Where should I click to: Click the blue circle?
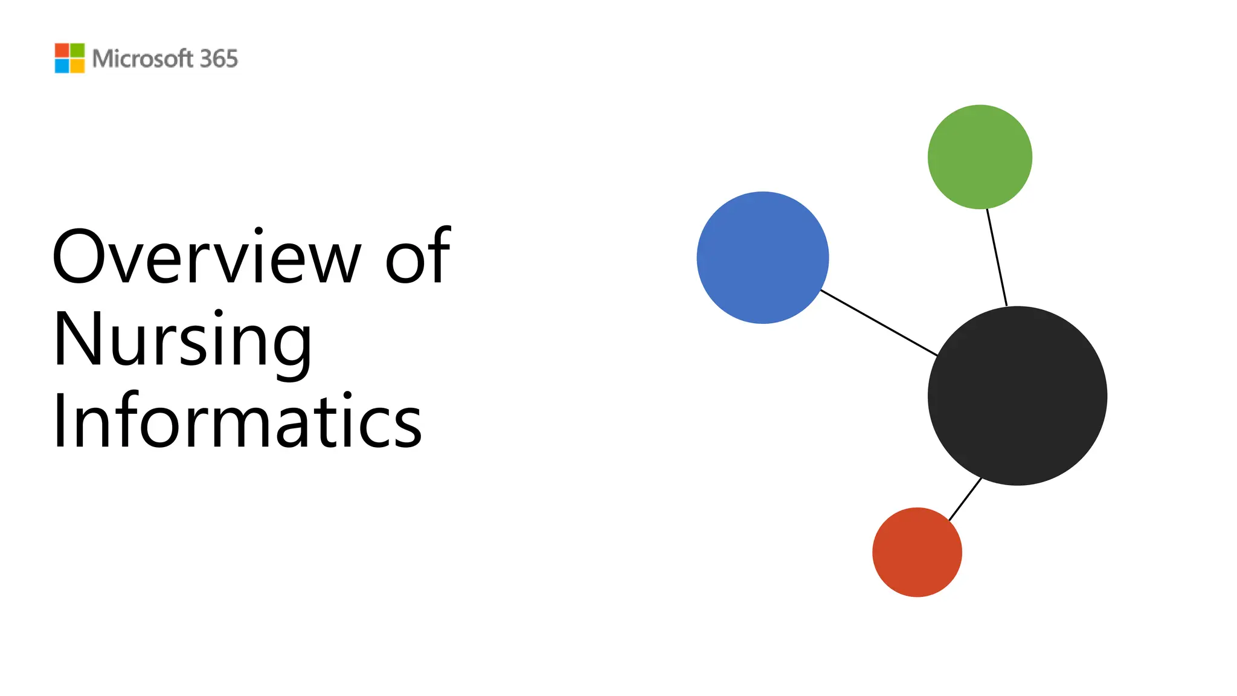point(762,257)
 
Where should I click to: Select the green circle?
point(980,157)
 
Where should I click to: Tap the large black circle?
point(1017,396)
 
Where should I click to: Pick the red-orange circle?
point(917,552)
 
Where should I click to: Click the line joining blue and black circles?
point(879,323)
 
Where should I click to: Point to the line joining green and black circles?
point(997,257)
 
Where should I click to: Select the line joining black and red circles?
point(965,499)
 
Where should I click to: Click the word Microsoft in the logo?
point(143,59)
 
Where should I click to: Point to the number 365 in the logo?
point(219,59)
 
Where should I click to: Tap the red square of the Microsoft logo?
point(62,50)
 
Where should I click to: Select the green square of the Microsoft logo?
point(77,50)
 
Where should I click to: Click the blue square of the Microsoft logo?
point(62,66)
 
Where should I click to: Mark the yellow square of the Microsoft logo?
point(77,66)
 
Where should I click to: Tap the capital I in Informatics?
point(59,420)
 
